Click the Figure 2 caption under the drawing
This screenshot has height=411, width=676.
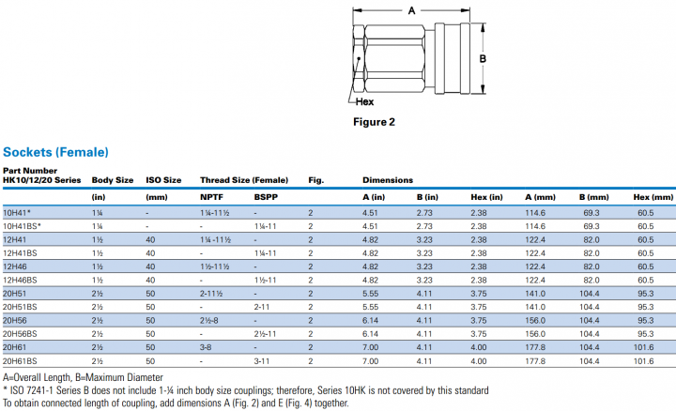(373, 122)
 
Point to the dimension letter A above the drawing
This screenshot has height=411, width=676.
(409, 10)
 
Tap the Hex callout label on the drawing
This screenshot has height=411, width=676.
(365, 100)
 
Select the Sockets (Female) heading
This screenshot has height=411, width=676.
(55, 151)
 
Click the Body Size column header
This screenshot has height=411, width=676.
(112, 179)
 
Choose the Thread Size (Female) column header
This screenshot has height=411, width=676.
(243, 179)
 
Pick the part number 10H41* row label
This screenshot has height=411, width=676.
(18, 213)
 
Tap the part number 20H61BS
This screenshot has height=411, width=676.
(21, 360)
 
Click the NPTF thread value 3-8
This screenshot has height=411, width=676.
(207, 347)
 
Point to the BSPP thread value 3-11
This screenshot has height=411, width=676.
(264, 360)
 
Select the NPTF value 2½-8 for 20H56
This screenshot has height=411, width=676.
(210, 320)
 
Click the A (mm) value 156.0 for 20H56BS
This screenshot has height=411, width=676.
(535, 333)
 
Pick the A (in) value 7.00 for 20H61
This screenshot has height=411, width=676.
(370, 347)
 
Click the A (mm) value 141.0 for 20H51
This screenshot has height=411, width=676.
(535, 293)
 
